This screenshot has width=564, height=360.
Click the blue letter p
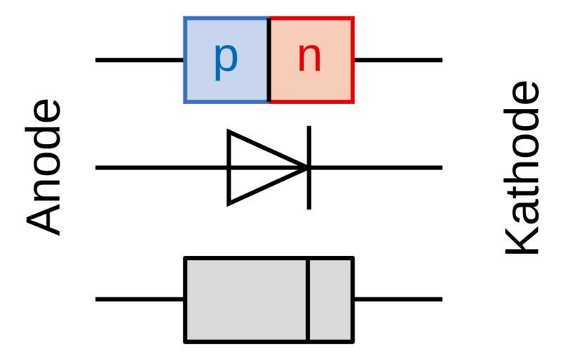coord(225,60)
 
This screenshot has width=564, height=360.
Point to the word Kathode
coord(524,167)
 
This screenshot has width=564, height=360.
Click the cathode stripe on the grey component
coord(308,300)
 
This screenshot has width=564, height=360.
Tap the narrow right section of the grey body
coord(331,300)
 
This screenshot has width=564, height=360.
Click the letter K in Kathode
coord(524,239)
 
